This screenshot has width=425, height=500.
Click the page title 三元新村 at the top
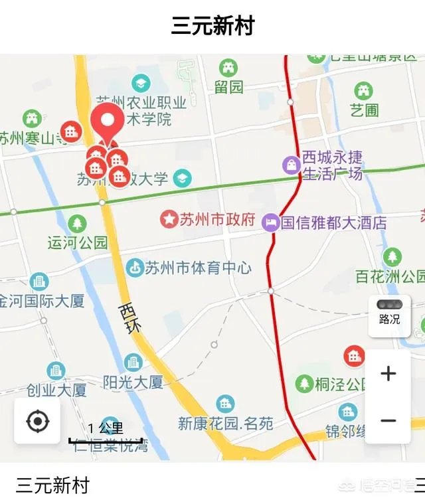(x=212, y=27)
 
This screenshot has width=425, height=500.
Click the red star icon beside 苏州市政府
(x=170, y=219)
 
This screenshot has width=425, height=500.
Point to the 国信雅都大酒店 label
(x=333, y=222)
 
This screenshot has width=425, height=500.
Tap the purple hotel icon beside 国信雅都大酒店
(x=270, y=222)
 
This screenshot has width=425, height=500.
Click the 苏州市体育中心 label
(x=198, y=268)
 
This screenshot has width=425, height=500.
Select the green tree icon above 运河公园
(x=77, y=224)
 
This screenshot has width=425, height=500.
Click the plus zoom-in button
(x=388, y=373)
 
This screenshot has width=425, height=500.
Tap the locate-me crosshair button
(x=37, y=421)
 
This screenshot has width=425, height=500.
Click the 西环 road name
(x=131, y=318)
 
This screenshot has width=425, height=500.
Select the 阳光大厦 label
(x=133, y=382)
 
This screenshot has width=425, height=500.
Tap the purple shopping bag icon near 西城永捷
(x=291, y=164)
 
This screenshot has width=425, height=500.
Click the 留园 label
(x=228, y=86)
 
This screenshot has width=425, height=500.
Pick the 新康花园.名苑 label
(x=226, y=423)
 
